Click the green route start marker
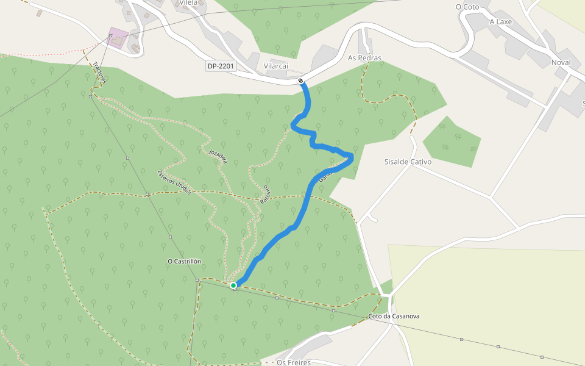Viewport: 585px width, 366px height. point(233,285)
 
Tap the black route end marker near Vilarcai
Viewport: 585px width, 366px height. point(301,81)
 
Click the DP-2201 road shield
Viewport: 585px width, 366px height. point(221,65)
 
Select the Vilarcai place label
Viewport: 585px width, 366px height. point(275,65)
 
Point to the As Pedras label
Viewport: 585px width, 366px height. point(364,58)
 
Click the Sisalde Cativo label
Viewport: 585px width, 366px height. point(408,162)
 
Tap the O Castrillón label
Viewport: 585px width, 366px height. point(184,261)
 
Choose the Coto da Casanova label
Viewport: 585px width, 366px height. point(394,317)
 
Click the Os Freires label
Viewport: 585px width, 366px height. point(293,362)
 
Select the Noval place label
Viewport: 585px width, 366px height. point(561,62)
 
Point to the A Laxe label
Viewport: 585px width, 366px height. point(501,21)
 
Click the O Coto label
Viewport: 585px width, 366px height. point(467,7)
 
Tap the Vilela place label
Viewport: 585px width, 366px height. point(193,3)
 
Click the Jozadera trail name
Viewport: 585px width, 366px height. point(218,156)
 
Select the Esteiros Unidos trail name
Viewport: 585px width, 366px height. point(174,182)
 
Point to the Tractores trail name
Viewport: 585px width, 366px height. point(99,75)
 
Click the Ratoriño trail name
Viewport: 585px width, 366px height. point(264,192)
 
